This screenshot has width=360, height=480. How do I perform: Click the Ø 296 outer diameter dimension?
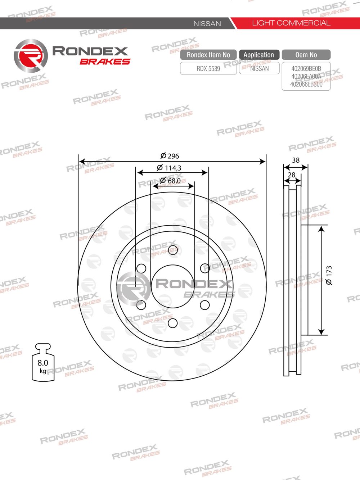170,156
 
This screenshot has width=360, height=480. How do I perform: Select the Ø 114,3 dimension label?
169,168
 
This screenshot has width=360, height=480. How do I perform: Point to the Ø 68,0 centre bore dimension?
171,181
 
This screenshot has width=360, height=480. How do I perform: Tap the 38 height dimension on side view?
296,160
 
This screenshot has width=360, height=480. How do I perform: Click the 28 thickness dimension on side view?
292,175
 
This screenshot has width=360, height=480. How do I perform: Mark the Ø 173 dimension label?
329,276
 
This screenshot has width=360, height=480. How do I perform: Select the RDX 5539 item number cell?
208,68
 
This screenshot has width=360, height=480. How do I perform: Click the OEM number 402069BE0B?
306,68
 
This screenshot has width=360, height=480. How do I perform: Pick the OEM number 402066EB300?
306,84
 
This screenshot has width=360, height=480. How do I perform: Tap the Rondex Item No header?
208,55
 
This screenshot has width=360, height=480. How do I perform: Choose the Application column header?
259,55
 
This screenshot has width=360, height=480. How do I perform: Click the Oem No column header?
306,55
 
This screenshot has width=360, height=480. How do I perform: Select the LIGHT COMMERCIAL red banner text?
291,23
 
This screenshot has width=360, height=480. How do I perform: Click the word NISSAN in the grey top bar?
207,24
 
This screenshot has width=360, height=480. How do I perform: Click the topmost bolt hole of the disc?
173,250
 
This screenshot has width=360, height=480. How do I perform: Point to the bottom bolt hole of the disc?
173,323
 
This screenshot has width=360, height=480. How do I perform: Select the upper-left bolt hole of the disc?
141,268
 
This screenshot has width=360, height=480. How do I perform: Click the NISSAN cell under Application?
259,68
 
